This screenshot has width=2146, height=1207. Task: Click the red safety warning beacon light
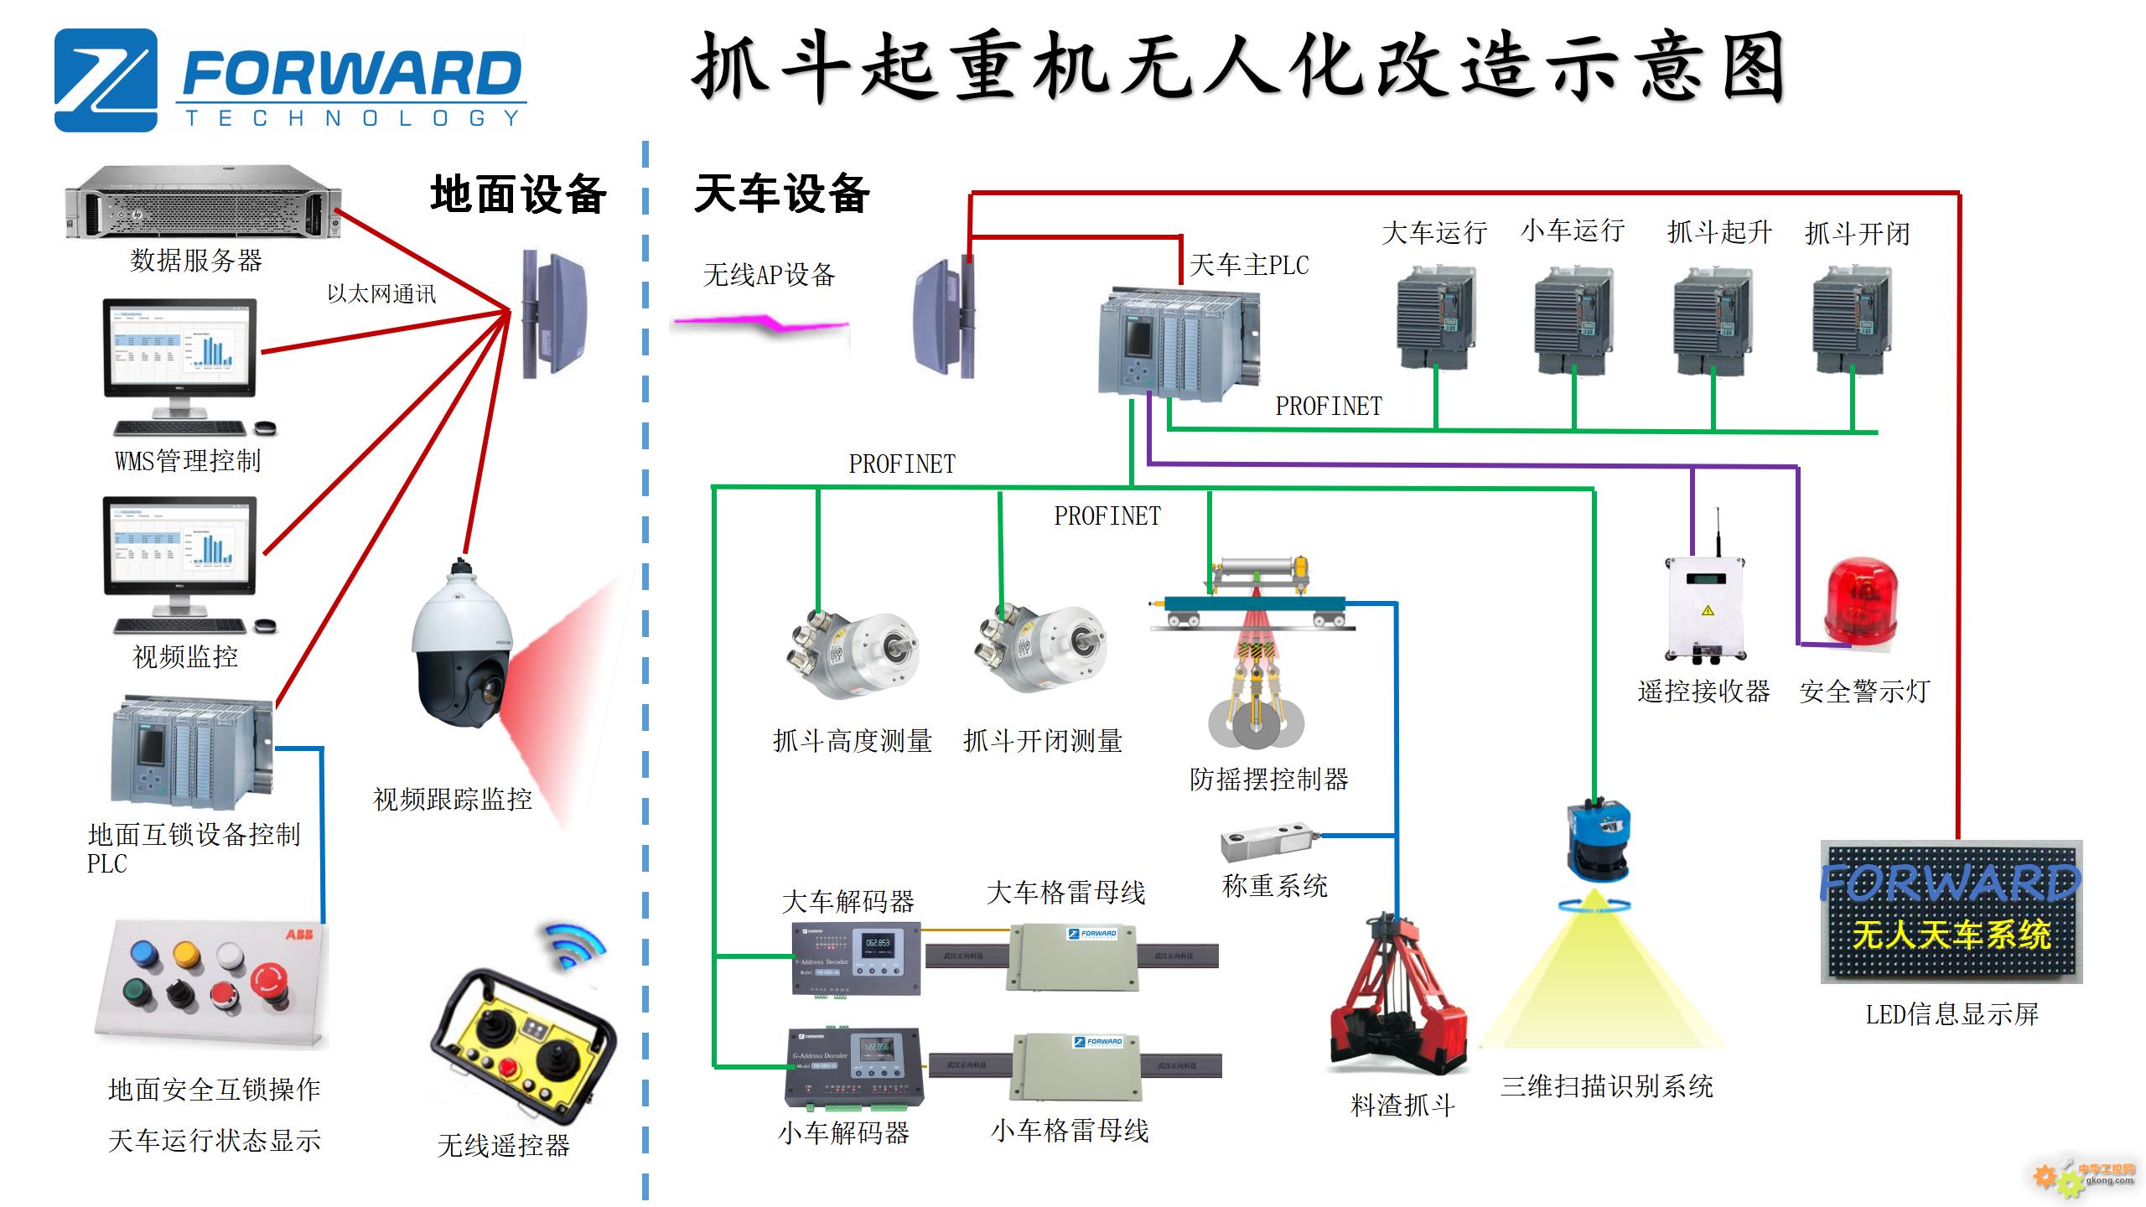click(x=1860, y=602)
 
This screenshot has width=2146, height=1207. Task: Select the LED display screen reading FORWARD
click(x=1951, y=911)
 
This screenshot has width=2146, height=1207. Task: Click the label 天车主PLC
click(x=1249, y=266)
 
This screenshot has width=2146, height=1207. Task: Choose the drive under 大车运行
click(x=1436, y=319)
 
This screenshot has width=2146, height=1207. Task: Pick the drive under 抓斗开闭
click(x=1851, y=319)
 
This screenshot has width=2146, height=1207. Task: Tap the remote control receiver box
click(x=1706, y=609)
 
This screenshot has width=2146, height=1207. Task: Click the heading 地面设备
click(x=518, y=195)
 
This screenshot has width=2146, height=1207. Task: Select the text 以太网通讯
click(x=381, y=294)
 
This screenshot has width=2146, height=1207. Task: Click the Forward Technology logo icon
click(x=106, y=80)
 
